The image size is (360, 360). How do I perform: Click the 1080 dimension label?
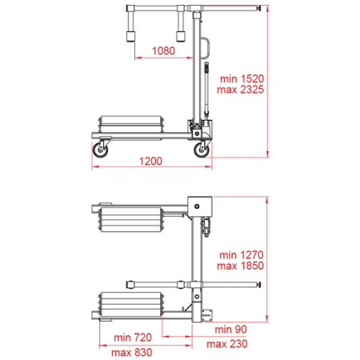[163, 50]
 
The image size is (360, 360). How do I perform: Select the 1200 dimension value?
[150, 161]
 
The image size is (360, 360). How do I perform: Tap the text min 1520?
[242, 78]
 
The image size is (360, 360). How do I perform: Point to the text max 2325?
[240, 90]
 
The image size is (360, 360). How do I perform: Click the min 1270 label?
[242, 255]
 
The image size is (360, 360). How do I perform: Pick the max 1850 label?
[240, 266]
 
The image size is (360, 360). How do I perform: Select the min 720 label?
[133, 338]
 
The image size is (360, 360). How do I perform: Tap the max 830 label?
[132, 353]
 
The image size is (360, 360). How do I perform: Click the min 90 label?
[230, 330]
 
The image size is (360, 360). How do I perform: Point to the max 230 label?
[227, 344]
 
